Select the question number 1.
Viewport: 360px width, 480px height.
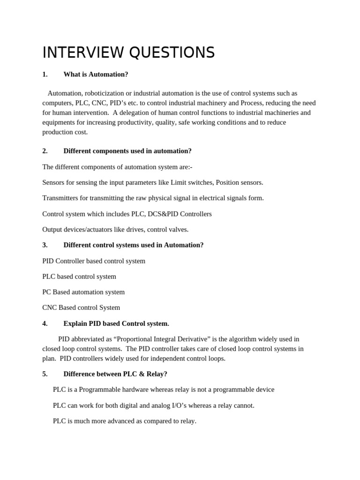pos(45,74)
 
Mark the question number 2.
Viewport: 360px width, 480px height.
pos(45,151)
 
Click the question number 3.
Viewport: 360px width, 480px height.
pos(45,245)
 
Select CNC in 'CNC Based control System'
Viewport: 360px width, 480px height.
pos(50,308)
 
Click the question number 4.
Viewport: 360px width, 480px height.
pos(45,323)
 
